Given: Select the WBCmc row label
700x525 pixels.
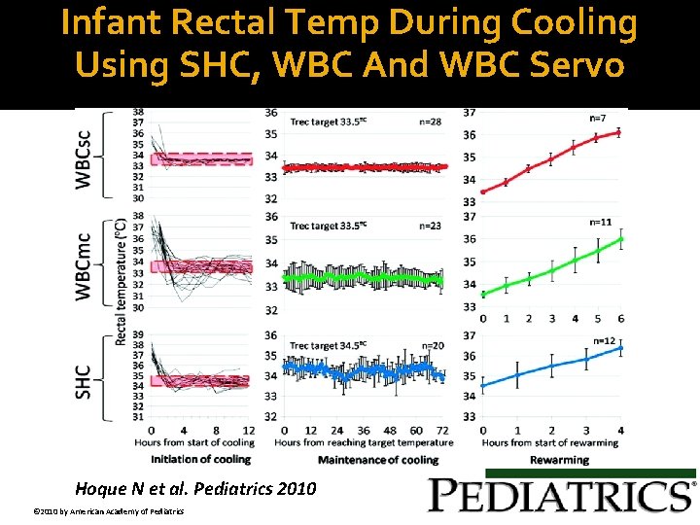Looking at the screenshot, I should (x=86, y=264).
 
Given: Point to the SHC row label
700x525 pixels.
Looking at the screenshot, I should (x=86, y=381).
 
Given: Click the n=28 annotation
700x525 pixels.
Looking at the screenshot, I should (x=430, y=121).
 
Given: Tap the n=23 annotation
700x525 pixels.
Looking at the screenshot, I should (x=430, y=226).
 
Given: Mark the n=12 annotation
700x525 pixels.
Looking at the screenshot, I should (x=605, y=340).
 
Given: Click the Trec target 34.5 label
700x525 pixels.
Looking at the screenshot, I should (x=328, y=345).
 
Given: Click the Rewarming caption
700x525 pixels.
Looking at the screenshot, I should (x=560, y=460).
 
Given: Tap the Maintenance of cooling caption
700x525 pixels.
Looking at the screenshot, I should (x=377, y=459).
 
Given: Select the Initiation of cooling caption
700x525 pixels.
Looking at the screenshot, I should (x=200, y=459).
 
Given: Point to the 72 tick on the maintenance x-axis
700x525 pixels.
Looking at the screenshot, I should (x=442, y=431).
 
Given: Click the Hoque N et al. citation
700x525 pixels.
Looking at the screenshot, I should (x=195, y=489).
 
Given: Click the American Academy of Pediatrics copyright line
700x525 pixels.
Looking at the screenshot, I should (x=102, y=511).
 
